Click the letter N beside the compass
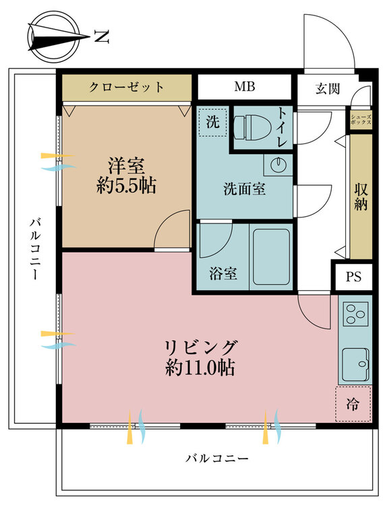tap(102, 37)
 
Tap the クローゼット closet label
tap(127, 87)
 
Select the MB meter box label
tap(245, 86)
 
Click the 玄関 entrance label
tap(328, 88)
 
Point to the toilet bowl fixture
tap(252, 128)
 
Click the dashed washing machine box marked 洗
tap(213, 123)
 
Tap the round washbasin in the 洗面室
tap(278, 165)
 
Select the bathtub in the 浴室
tap(271, 257)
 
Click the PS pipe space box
tap(354, 277)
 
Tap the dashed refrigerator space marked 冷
tap(353, 404)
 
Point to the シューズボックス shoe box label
tap(361, 120)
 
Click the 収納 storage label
tap(361, 197)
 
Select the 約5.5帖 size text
tap(126, 186)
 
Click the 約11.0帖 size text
tap(200, 368)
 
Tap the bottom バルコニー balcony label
tap(217, 458)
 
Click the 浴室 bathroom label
tap(223, 273)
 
